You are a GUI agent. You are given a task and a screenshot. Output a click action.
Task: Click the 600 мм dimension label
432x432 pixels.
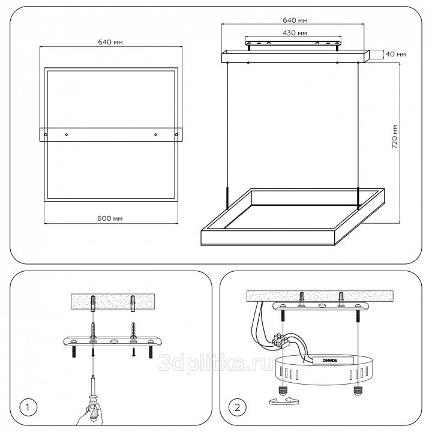point(110,218)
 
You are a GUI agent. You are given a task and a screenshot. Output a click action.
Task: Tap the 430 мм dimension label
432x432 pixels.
point(295,33)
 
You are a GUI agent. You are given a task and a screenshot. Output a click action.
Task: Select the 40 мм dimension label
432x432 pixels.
point(395,54)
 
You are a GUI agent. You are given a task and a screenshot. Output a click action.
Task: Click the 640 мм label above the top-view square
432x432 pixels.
point(110,42)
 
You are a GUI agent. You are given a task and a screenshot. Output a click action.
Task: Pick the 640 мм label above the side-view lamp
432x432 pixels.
point(295,20)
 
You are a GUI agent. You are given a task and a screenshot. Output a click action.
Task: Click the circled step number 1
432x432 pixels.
point(27,407)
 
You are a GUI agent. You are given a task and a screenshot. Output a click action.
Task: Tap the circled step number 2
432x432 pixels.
point(237,407)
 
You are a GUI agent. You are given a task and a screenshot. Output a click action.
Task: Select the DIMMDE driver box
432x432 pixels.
point(334,360)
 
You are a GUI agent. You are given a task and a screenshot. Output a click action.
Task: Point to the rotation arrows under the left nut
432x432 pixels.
point(284,401)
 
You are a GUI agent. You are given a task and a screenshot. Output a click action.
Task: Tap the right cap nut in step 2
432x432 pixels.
point(358,391)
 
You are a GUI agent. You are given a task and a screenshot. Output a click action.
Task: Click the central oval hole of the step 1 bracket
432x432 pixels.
point(113,341)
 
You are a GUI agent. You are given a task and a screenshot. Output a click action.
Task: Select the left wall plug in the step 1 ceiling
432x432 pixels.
point(93,303)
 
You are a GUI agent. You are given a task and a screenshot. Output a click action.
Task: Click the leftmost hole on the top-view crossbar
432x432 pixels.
point(46,135)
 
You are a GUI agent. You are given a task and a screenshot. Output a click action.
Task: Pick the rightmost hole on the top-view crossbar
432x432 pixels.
point(176,135)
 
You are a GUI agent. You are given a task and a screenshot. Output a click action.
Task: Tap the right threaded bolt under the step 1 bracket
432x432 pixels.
point(151,352)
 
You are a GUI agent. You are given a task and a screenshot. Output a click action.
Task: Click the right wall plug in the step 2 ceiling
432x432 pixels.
point(341,298)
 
